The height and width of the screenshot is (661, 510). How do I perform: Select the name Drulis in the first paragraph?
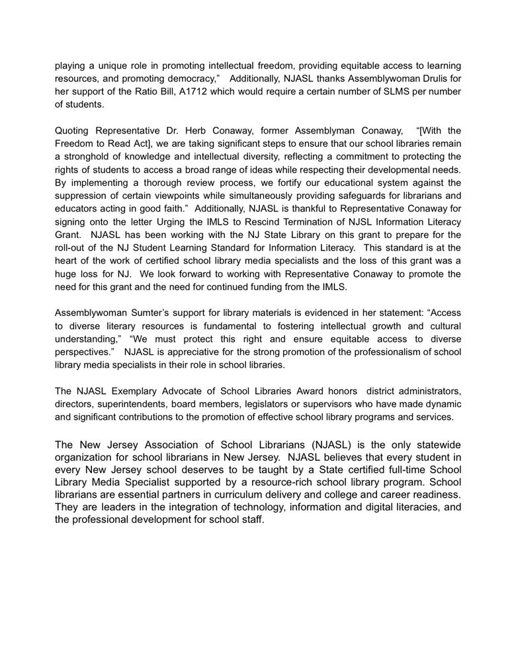click(x=426, y=78)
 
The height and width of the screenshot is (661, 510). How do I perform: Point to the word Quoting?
click(x=72, y=130)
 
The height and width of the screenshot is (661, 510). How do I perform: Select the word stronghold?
click(x=86, y=156)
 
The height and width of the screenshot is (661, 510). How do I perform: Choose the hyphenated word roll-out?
click(x=71, y=246)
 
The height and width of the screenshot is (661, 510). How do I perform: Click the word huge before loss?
click(x=69, y=272)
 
